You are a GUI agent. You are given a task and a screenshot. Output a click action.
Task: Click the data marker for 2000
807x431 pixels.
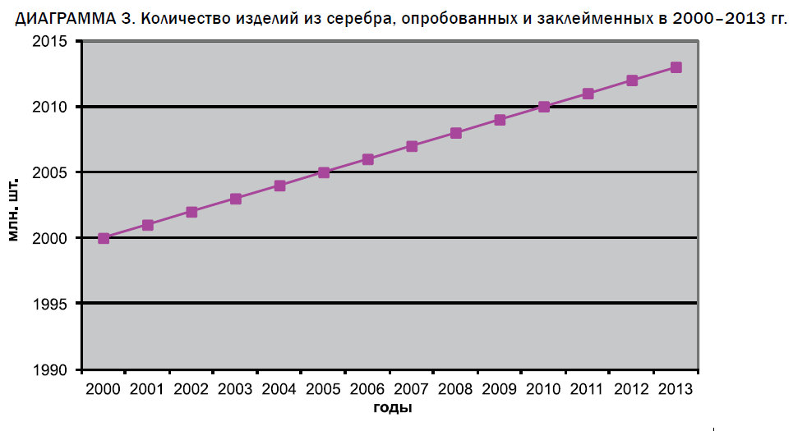[x=104, y=238]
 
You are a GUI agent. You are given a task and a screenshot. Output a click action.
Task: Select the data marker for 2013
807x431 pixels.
[x=676, y=67]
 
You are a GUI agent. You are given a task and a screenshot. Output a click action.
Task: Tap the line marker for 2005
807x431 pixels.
[x=324, y=172]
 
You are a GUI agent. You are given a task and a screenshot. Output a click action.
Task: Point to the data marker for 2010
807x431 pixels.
[x=544, y=107]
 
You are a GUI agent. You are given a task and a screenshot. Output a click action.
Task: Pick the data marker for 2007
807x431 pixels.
[x=412, y=146]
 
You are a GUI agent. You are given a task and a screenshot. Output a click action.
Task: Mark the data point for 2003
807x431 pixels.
[x=236, y=199]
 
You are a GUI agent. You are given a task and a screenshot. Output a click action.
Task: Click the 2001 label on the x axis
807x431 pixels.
[x=147, y=387]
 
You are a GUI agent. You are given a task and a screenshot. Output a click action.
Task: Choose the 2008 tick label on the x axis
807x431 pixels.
[x=455, y=387]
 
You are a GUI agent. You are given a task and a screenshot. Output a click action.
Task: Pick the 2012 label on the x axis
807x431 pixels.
[x=631, y=387]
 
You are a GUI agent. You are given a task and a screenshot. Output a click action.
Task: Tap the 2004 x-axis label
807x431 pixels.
[x=279, y=387]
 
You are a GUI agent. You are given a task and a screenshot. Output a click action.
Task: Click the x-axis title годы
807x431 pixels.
[x=391, y=407]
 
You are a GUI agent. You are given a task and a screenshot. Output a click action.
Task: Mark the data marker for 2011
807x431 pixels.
[x=588, y=94]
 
